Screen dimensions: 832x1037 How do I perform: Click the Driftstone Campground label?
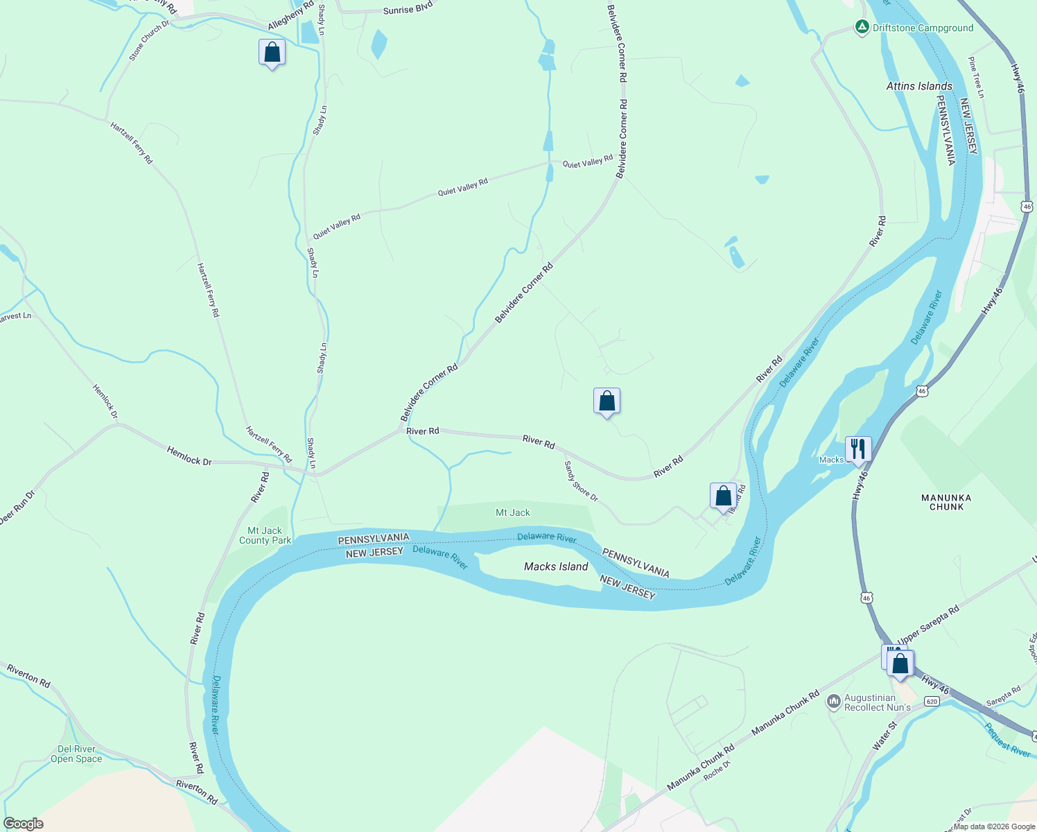pos(923,28)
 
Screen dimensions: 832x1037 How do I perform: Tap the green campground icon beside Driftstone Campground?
pos(862,28)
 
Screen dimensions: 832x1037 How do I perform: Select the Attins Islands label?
pos(919,86)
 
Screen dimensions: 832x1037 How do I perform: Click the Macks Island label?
pos(556,566)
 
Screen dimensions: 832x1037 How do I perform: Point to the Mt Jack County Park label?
pos(265,535)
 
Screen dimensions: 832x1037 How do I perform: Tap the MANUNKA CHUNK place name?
pos(946,502)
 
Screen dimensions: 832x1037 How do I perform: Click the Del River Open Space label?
pos(76,754)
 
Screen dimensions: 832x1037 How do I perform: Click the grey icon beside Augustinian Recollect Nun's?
pos(833,702)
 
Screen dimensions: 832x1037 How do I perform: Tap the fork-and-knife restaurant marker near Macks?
pos(858,449)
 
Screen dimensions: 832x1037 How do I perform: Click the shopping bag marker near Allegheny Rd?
pos(272,52)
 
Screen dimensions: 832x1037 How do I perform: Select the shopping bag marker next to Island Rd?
pos(723,496)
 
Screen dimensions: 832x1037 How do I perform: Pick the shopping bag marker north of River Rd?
pos(607,401)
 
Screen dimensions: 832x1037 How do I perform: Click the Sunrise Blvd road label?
pos(408,9)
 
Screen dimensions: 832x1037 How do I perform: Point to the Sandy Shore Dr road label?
pos(580,482)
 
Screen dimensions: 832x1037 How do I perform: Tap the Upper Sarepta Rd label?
pos(928,625)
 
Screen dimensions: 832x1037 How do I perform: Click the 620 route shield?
pos(932,702)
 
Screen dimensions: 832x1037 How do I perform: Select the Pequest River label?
pos(1007,740)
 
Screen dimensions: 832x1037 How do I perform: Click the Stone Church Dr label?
pos(148,40)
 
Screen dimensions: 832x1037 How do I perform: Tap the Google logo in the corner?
pos(23,824)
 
